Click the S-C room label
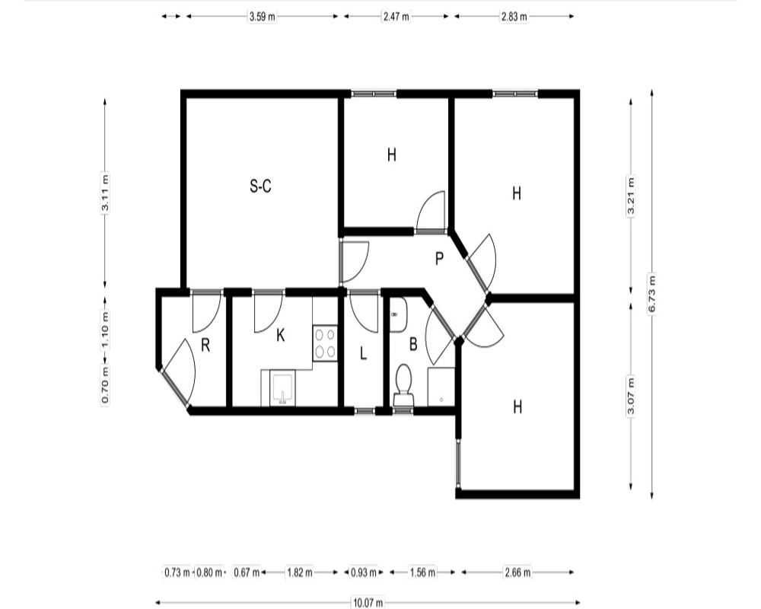[x=260, y=186]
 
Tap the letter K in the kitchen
[x=281, y=335]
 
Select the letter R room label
[x=205, y=346]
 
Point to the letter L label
[x=363, y=353]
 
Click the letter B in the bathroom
[x=413, y=344]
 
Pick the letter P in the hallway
[x=439, y=259]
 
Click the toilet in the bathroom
[x=403, y=385]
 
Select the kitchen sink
[x=282, y=388]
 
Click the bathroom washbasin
[x=397, y=314]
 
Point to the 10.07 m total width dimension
[x=368, y=603]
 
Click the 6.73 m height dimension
[x=652, y=295]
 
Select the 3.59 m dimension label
[x=262, y=17]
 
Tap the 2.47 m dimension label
[x=396, y=17]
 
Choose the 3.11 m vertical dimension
[x=105, y=193]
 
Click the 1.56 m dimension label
[x=422, y=572]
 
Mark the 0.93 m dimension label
[x=364, y=572]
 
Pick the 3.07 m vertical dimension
[x=631, y=396]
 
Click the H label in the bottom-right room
[x=517, y=407]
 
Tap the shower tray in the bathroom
[x=441, y=387]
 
